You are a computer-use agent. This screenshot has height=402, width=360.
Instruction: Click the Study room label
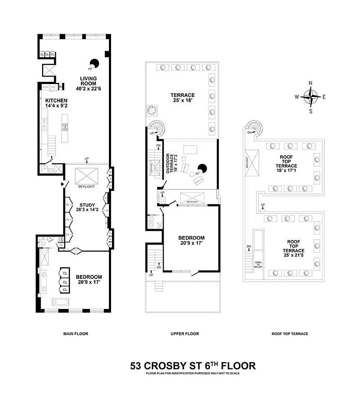click(87, 208)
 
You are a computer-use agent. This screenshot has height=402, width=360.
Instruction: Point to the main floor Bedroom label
click(89, 280)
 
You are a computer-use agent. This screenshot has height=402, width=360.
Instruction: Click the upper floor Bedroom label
click(191, 241)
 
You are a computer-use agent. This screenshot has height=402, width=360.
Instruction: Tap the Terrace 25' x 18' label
click(182, 98)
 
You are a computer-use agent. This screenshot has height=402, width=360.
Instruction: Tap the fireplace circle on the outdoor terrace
click(202, 169)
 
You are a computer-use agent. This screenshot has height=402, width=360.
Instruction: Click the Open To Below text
click(258, 265)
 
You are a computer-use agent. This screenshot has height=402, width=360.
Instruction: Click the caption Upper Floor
click(185, 334)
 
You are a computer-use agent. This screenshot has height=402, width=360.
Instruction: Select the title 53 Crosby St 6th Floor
click(193, 365)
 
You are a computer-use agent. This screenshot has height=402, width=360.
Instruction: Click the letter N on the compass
click(311, 83)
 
